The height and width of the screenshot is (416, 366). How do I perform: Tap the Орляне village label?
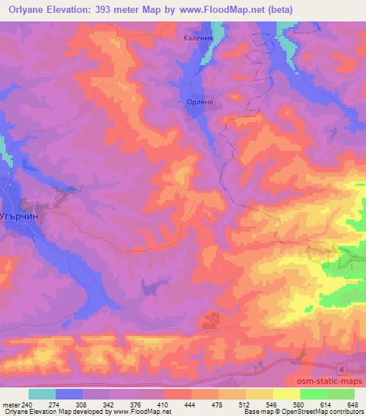[200, 102]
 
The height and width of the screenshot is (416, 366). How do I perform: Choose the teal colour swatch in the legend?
[42, 394]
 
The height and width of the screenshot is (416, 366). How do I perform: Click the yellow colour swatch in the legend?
[286, 394]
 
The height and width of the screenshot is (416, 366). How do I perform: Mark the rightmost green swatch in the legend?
[340, 394]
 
